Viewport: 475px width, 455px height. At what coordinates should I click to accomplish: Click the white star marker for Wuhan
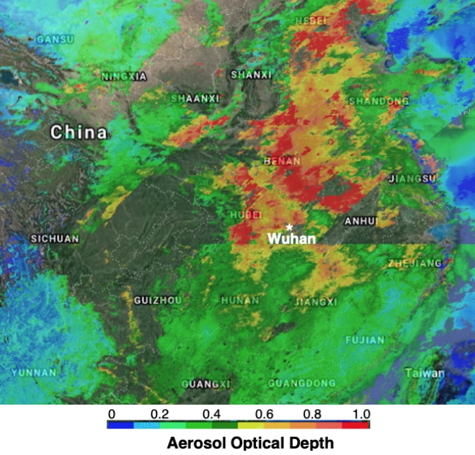(x=289, y=227)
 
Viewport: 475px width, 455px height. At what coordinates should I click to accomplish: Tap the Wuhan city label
(x=291, y=238)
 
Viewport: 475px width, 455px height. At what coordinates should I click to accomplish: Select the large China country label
(x=79, y=132)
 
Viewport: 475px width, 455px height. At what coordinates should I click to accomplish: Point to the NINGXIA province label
(x=124, y=76)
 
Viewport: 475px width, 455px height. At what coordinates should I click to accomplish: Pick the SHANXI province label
(x=252, y=74)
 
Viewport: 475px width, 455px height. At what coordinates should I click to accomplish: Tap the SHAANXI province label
(x=195, y=99)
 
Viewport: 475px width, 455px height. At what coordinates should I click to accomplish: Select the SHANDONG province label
(x=378, y=102)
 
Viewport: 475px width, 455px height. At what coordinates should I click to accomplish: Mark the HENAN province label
(x=283, y=161)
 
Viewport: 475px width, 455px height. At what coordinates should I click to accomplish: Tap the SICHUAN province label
(x=55, y=238)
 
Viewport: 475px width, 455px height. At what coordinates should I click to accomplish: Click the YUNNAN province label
(x=34, y=372)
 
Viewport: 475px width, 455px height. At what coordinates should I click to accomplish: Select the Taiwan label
(x=425, y=374)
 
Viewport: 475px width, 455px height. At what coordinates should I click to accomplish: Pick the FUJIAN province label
(x=365, y=340)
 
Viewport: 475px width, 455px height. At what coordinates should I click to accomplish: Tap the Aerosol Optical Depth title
(x=238, y=443)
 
